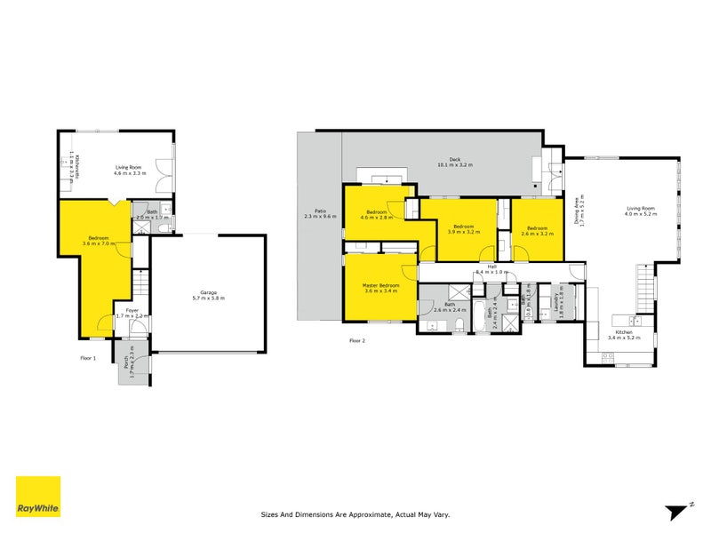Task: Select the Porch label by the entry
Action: [133, 366]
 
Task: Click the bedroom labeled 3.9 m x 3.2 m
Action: [463, 228]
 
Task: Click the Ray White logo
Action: [38, 497]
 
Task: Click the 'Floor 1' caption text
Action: [87, 358]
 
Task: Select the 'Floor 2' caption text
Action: [357, 340]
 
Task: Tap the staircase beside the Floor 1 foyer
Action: [139, 284]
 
